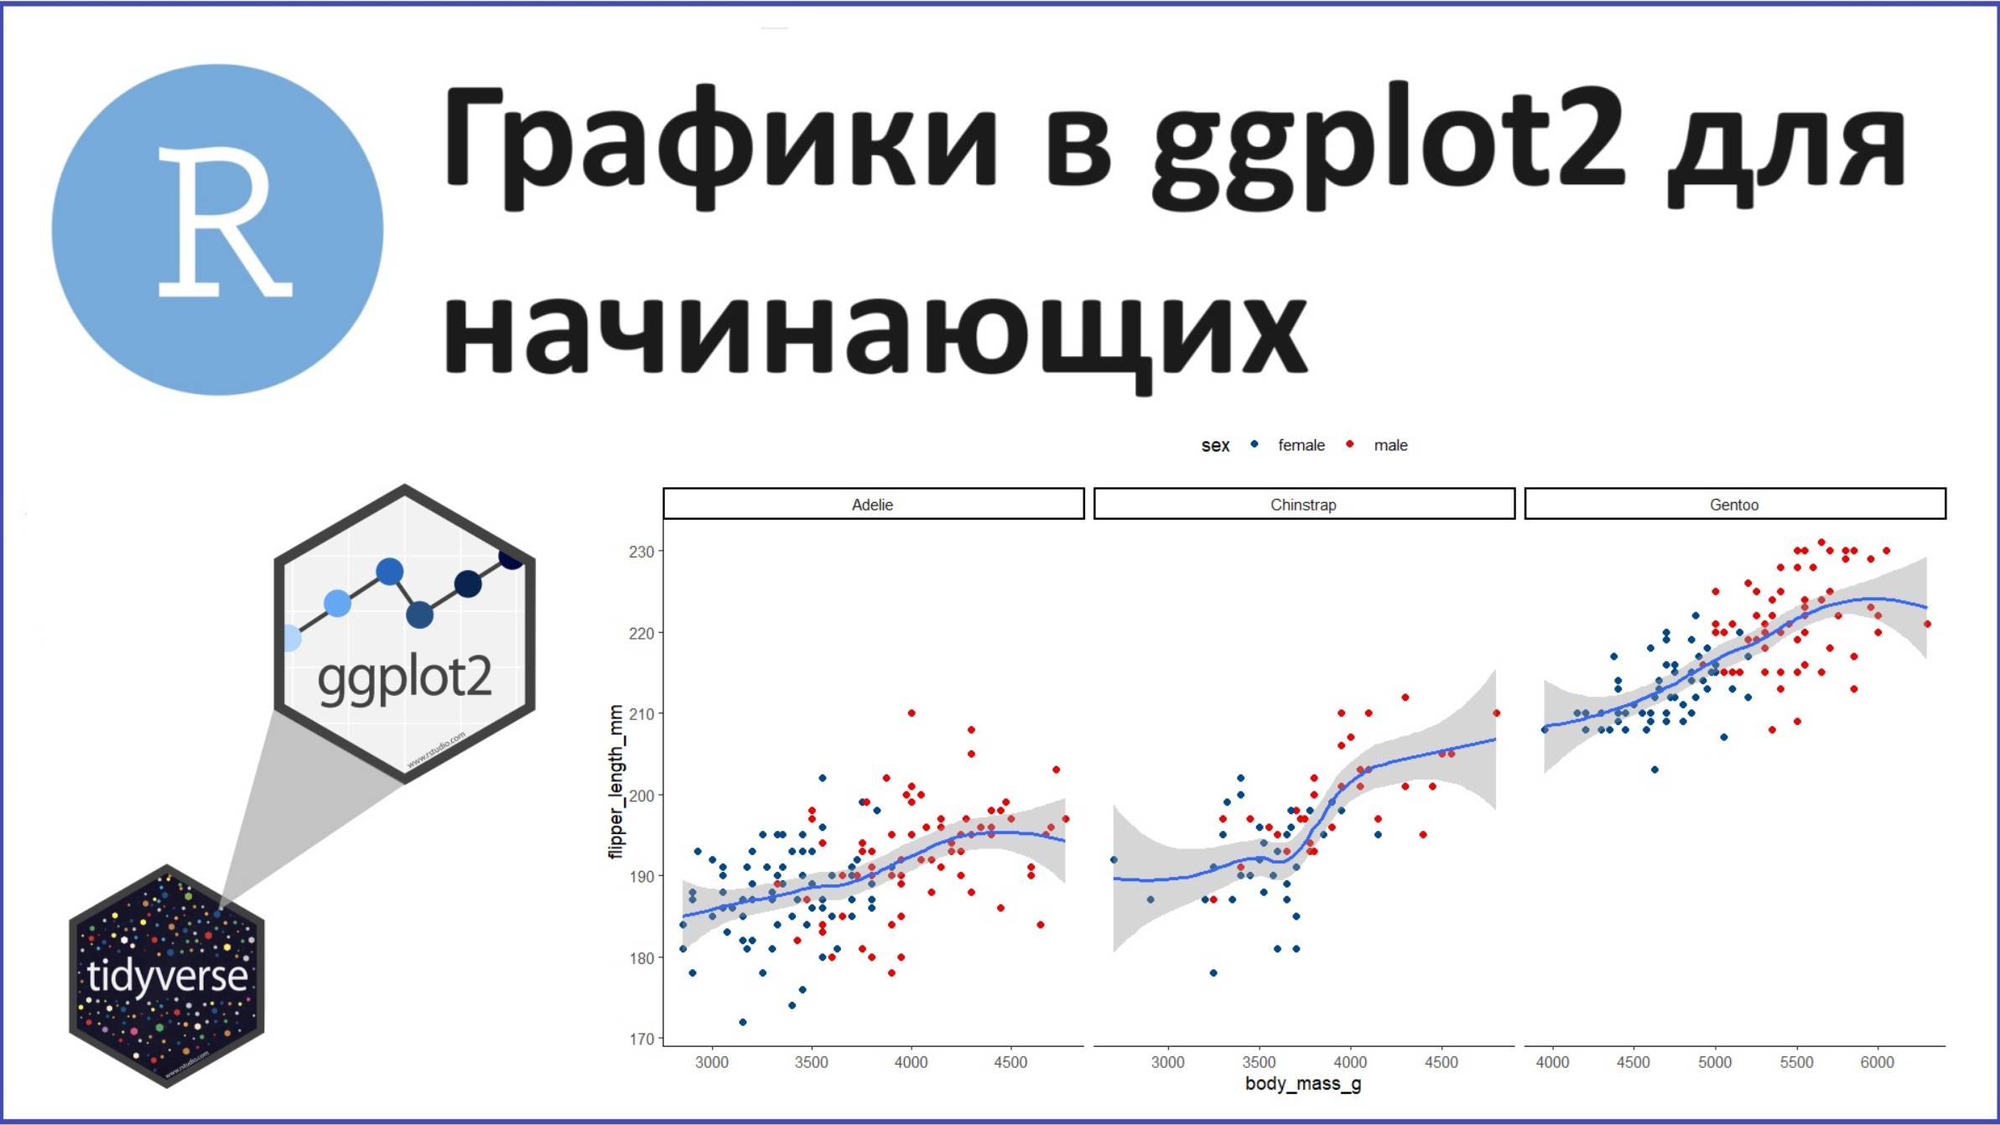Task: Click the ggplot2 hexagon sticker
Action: click(x=405, y=634)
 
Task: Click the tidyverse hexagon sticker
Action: click(x=167, y=976)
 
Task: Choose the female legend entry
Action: click(x=1300, y=445)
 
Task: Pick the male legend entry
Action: click(x=1390, y=445)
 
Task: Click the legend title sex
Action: click(x=1215, y=446)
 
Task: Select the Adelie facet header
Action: click(x=873, y=504)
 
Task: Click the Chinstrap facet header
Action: click(x=1303, y=504)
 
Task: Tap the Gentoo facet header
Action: click(x=1734, y=504)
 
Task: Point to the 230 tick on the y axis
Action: click(x=641, y=552)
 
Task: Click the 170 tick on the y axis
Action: click(x=641, y=1039)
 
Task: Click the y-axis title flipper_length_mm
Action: click(x=616, y=781)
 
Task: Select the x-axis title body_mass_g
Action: click(x=1303, y=1083)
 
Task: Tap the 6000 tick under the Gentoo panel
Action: click(x=1877, y=1062)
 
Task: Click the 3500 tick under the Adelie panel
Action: click(x=811, y=1062)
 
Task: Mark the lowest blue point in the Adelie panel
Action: click(x=742, y=1022)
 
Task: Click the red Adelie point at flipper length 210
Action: click(x=912, y=713)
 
